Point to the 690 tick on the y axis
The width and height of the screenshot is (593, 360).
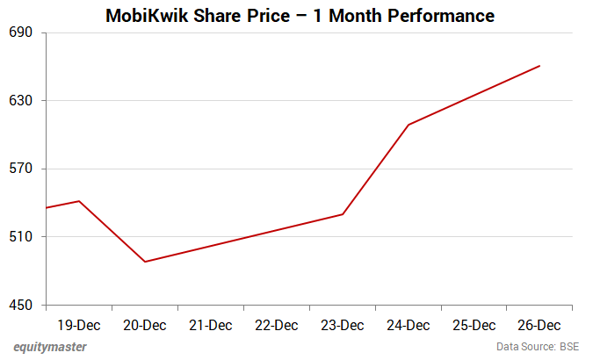tap(21, 32)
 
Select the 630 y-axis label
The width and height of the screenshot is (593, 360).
tap(21, 101)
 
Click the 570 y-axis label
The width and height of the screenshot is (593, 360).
tap(21, 169)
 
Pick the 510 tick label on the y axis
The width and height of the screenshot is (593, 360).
tap(21, 237)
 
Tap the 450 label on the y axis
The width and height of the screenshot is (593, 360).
tap(21, 306)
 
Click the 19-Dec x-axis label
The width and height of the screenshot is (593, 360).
tap(79, 325)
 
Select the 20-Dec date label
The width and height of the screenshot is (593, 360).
tap(145, 325)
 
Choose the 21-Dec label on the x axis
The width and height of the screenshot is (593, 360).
tap(211, 325)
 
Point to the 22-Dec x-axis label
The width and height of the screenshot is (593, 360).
tap(277, 325)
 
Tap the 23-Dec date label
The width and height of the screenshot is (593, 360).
tap(343, 325)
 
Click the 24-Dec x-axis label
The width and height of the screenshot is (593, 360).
tap(409, 325)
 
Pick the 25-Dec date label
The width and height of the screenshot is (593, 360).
tap(474, 325)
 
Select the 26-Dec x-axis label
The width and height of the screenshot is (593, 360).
tap(539, 325)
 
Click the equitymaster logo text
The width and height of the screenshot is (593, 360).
tap(50, 347)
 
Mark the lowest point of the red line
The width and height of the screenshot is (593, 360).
tap(145, 262)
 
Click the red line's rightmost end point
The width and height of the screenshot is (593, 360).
tap(539, 66)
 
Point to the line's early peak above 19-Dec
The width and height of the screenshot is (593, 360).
tap(79, 201)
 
